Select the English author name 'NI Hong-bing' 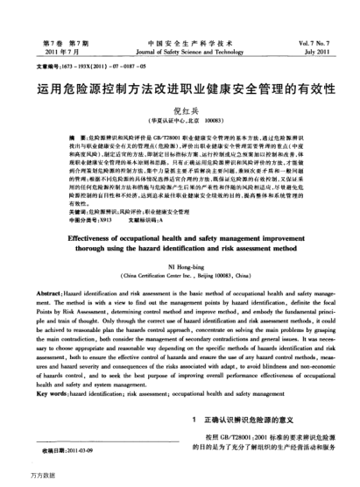pos(180,266)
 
